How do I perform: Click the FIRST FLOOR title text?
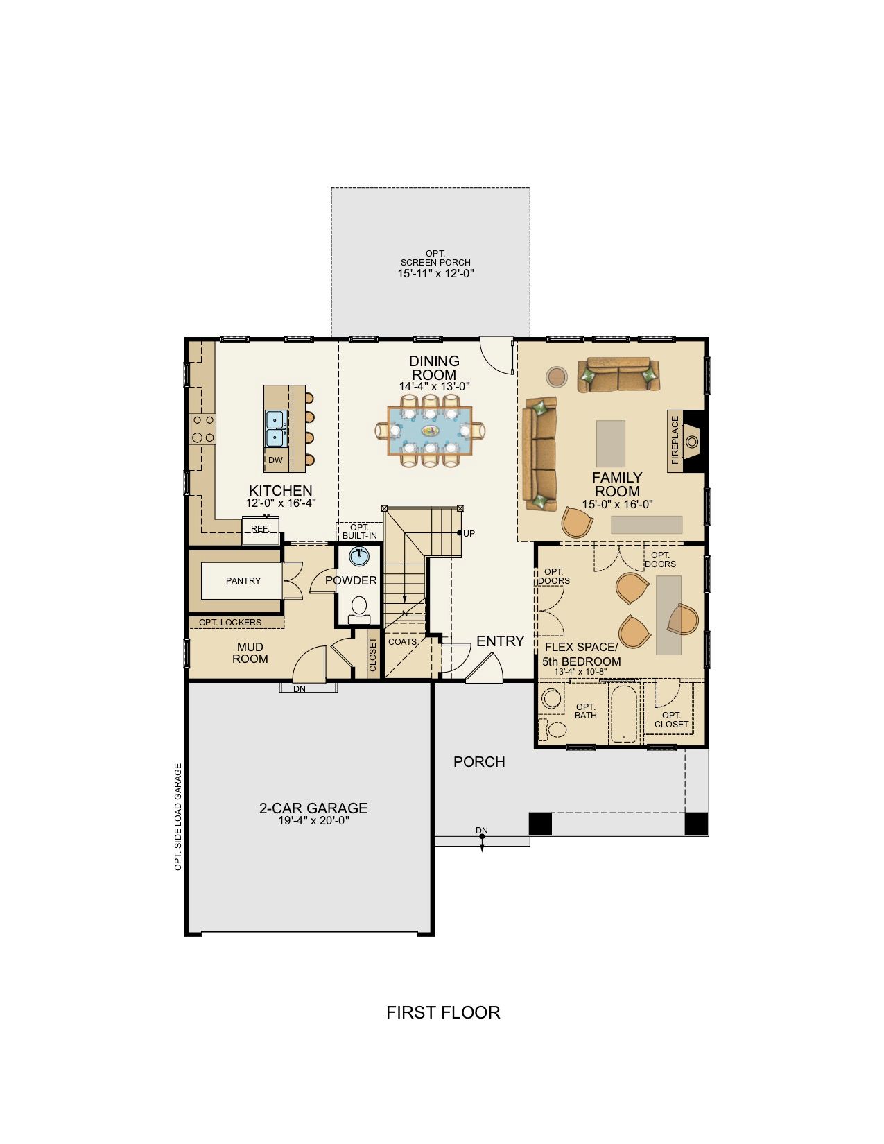(443, 1012)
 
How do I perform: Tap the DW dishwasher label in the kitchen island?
(275, 460)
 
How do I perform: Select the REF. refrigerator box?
(261, 530)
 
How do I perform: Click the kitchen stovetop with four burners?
(203, 428)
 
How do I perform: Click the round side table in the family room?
(557, 376)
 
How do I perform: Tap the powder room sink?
(360, 557)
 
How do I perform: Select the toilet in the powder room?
(360, 609)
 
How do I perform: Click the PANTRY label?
(243, 581)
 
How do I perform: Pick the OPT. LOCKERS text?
(230, 623)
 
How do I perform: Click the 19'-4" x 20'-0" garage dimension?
(314, 820)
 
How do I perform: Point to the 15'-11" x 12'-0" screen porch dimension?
(436, 273)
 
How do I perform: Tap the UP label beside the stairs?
(469, 533)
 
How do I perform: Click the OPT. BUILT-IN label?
(360, 531)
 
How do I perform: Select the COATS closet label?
(403, 642)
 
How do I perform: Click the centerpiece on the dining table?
(430, 431)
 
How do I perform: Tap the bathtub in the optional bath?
(624, 714)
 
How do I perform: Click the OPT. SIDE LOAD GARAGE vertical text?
(178, 817)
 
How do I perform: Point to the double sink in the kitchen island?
(277, 428)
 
